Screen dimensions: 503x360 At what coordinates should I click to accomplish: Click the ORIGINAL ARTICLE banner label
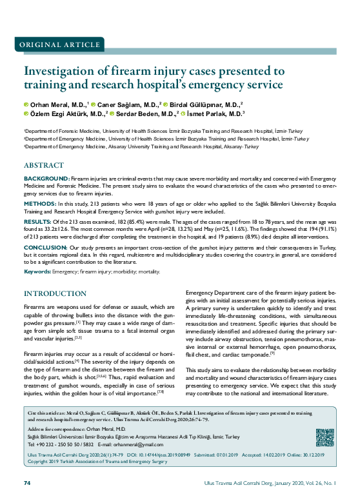(56, 44)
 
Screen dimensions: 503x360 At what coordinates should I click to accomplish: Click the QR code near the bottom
(325, 438)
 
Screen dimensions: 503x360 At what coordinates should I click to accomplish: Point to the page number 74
(28, 483)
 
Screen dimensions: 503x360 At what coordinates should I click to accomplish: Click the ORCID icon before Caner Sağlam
(94, 104)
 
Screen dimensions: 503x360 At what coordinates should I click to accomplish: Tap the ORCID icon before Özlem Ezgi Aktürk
(26, 113)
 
